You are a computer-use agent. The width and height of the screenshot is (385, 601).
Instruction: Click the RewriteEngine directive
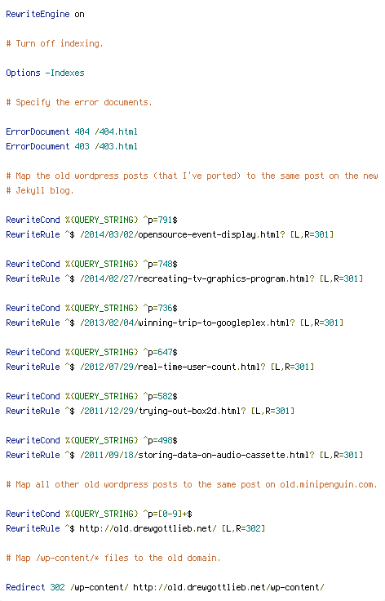point(38,14)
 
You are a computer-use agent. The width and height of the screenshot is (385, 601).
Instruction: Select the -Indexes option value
point(64,73)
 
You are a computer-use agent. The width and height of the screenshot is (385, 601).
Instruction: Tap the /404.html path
point(116,131)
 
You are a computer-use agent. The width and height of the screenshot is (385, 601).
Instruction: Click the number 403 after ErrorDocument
point(82,146)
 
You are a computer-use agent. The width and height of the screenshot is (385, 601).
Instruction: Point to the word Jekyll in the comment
point(30,190)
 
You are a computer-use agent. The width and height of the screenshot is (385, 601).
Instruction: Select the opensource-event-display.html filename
point(209,234)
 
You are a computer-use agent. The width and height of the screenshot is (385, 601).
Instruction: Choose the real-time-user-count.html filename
point(199,367)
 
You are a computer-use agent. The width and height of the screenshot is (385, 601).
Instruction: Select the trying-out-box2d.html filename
point(189,411)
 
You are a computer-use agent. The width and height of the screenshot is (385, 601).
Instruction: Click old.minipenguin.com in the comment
point(328,484)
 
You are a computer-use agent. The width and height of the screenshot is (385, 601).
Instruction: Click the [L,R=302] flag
point(243,528)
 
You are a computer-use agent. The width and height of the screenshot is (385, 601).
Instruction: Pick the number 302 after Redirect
point(57,587)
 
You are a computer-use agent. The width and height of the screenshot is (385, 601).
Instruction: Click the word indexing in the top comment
point(81,44)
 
